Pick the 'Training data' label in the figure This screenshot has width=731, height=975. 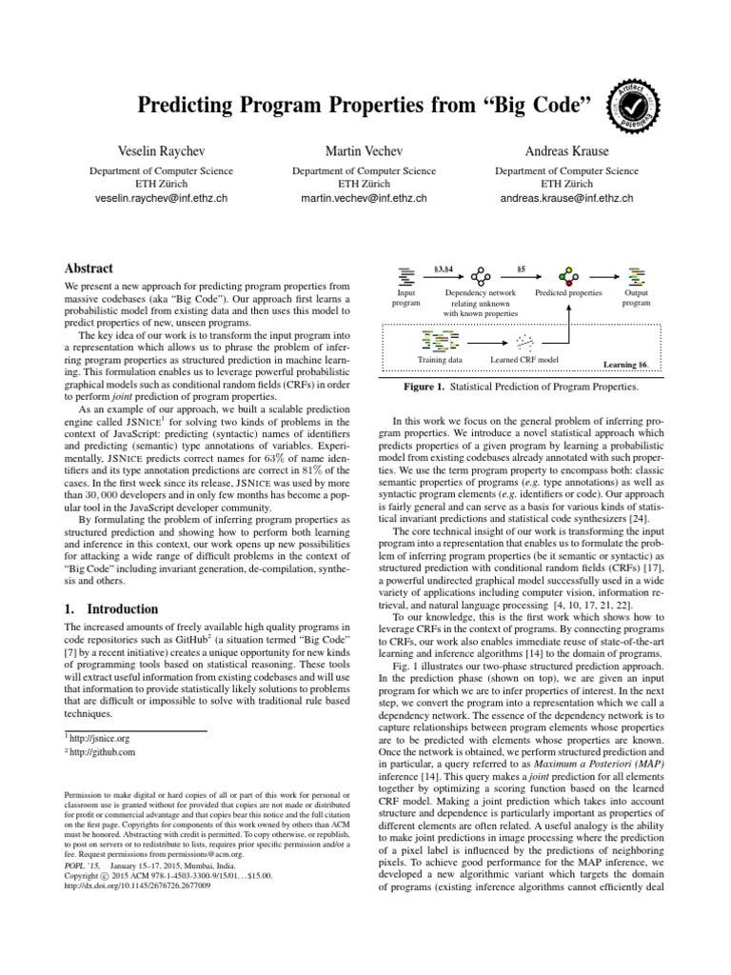point(440,361)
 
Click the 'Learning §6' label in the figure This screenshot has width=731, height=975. point(625,365)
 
